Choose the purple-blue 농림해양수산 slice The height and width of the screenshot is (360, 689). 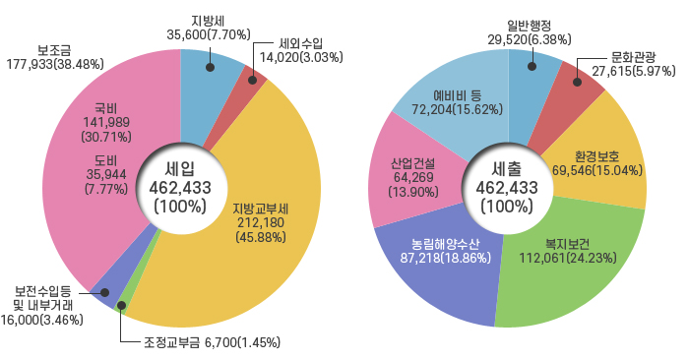(448, 275)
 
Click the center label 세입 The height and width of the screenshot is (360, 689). (180, 167)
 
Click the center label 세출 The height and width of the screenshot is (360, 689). (507, 167)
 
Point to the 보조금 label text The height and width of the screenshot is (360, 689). (55, 50)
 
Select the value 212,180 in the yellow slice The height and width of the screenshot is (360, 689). (261, 223)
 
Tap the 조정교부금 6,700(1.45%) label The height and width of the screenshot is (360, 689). (207, 343)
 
